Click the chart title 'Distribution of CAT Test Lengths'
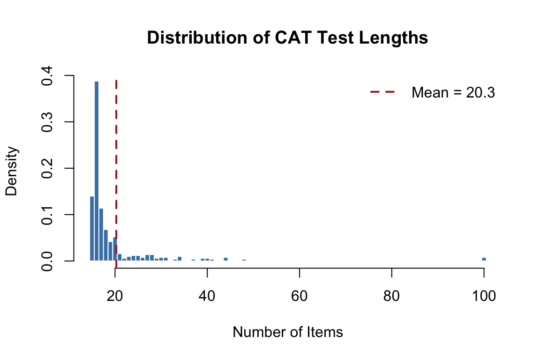(x=287, y=38)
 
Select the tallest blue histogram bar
(x=97, y=171)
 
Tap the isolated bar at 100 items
(x=484, y=259)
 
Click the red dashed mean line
(x=116, y=141)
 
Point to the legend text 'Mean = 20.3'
(x=453, y=93)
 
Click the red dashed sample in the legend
(x=383, y=92)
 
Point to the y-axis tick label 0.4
(x=46, y=75)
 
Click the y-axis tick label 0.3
(x=46, y=122)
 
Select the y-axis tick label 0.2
(x=46, y=168)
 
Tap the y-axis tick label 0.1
(x=46, y=215)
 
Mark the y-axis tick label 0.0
(x=46, y=261)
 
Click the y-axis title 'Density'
(x=12, y=171)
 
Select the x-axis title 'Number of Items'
(x=287, y=332)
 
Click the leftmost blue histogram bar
(x=92, y=229)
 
